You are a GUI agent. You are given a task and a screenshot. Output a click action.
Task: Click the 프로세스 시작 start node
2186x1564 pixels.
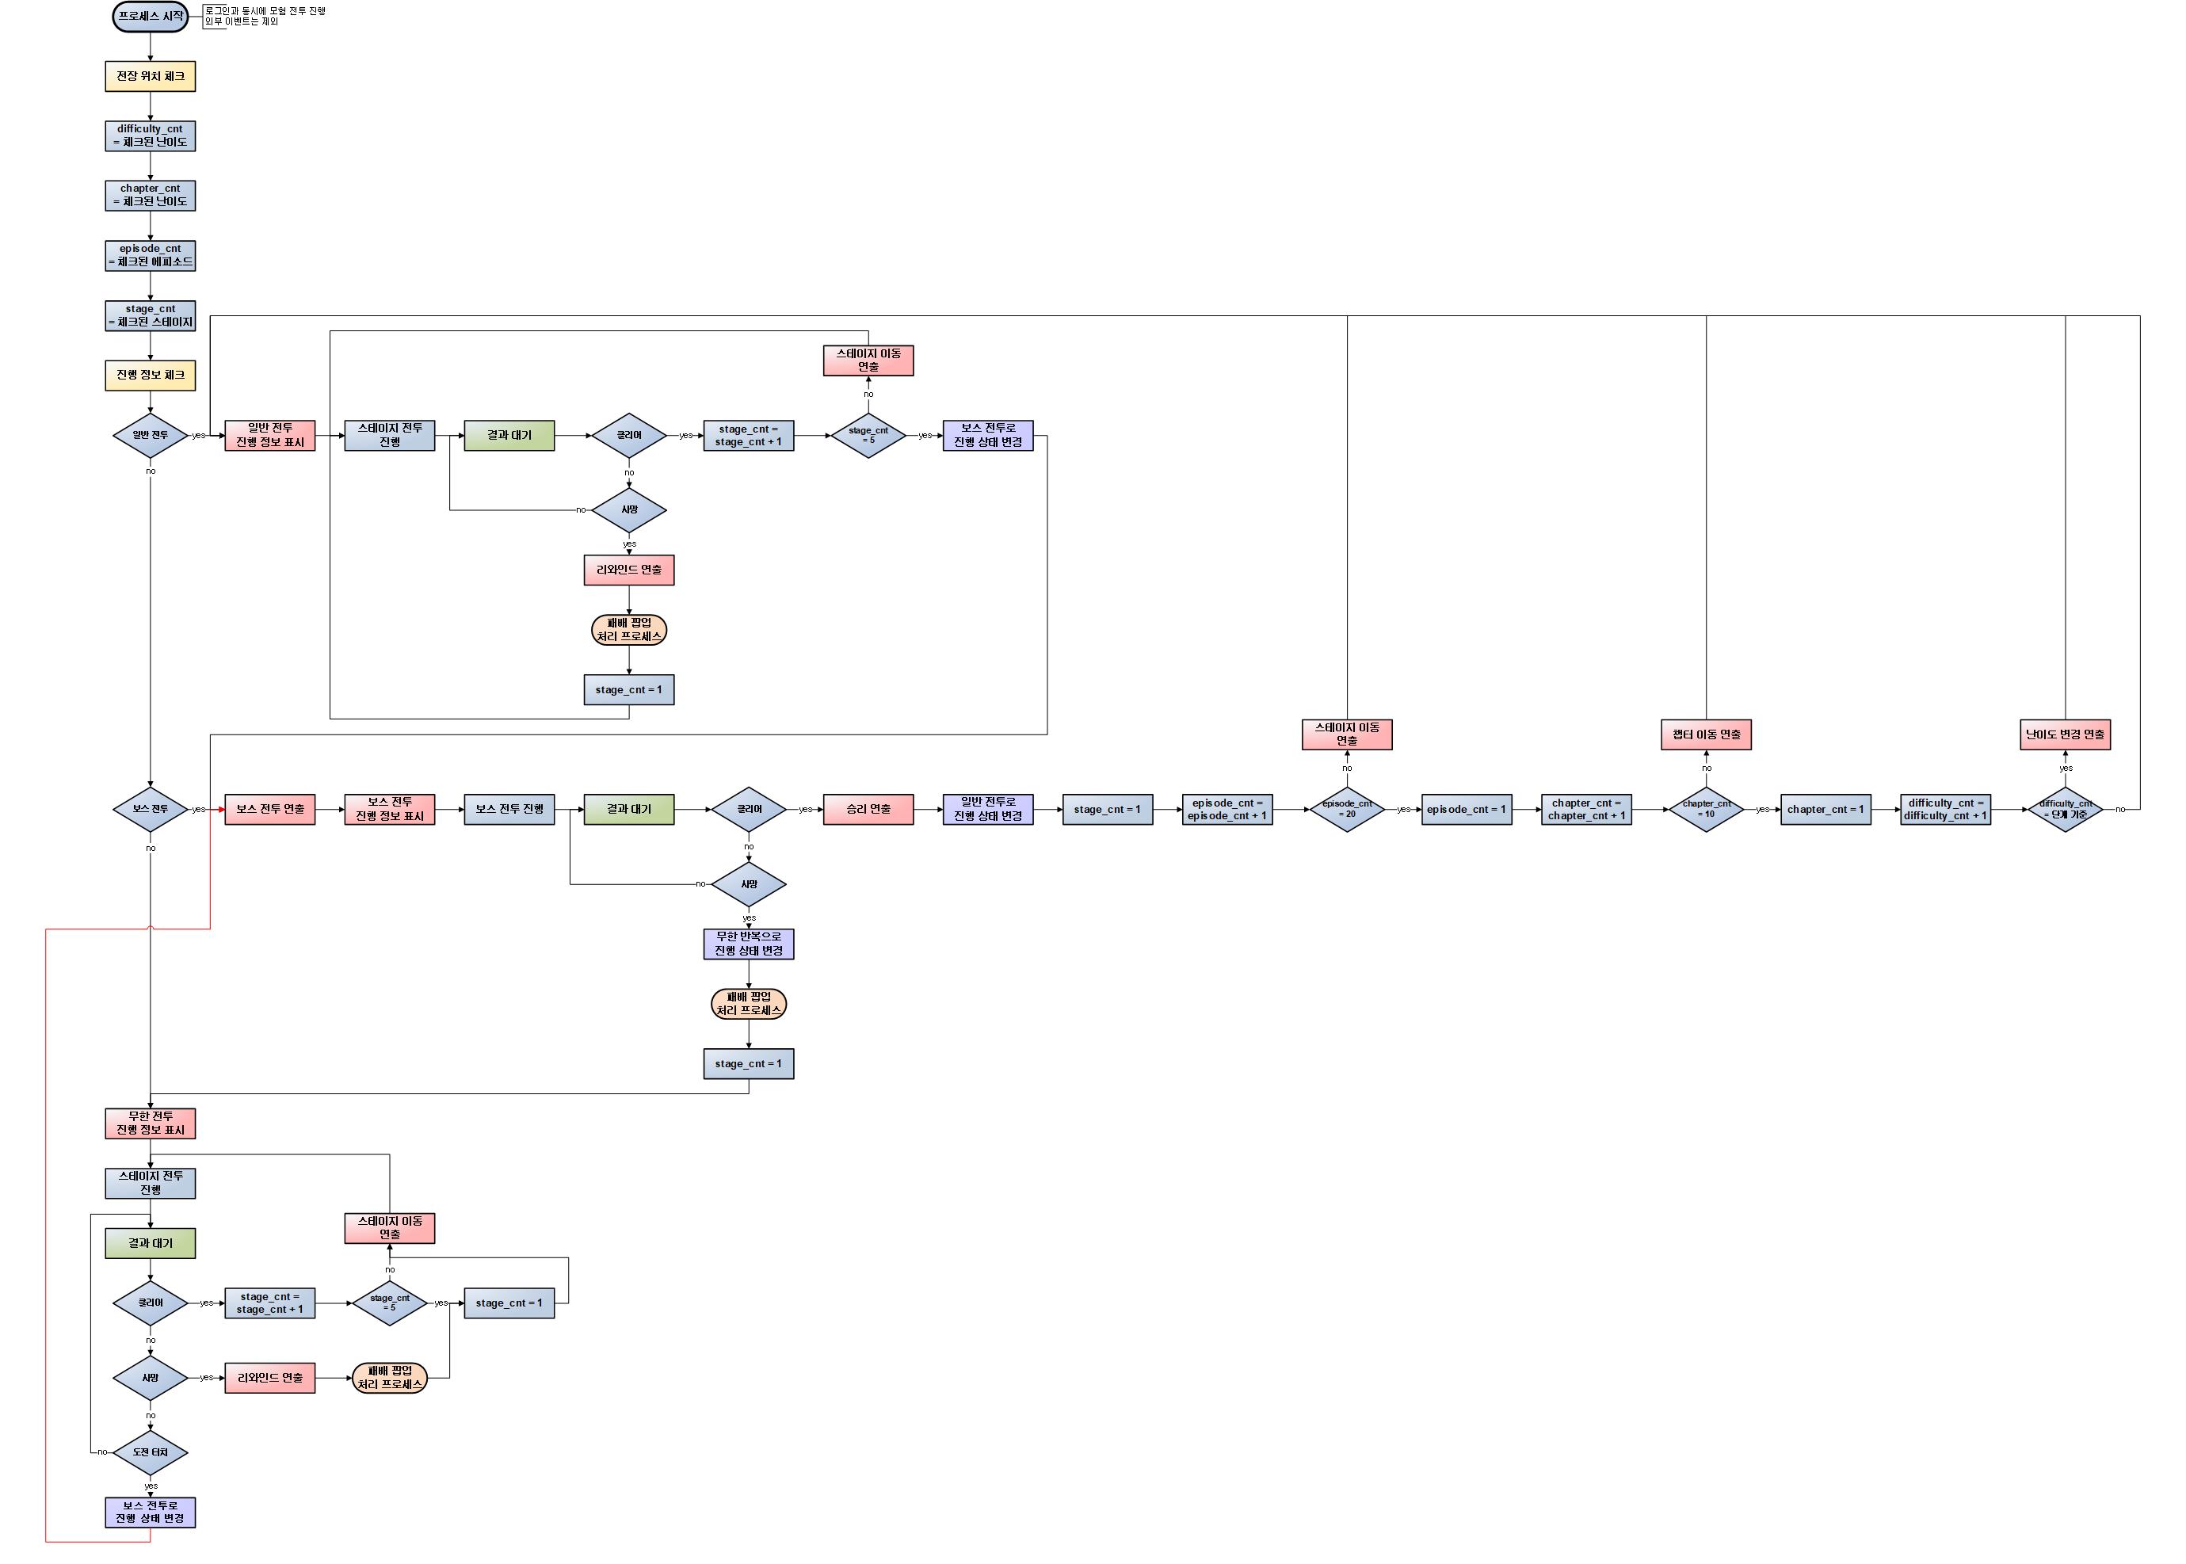151,17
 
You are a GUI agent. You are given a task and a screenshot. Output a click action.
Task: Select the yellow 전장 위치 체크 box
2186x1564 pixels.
151,76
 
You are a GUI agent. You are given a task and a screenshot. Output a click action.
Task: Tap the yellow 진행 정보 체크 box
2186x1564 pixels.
151,375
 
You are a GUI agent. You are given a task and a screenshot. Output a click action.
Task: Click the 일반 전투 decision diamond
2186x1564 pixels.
151,435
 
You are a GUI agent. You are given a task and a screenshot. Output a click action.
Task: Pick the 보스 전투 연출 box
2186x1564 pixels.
269,809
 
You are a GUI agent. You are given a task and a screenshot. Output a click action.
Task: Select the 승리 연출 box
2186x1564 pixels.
868,809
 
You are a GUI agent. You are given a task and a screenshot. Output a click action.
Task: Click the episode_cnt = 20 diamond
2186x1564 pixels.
1346,809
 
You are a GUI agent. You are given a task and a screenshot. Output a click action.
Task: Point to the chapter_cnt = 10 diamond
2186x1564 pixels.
1706,809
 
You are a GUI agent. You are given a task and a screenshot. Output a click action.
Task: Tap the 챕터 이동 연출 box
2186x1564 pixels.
1706,734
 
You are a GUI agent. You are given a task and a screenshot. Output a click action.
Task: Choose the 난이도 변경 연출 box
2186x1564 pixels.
2065,734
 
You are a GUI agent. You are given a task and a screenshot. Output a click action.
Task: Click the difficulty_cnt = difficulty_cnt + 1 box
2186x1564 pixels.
1945,809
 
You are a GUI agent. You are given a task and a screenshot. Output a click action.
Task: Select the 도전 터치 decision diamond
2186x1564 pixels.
151,1452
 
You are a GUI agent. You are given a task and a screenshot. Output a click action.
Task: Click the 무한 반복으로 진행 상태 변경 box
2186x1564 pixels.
748,944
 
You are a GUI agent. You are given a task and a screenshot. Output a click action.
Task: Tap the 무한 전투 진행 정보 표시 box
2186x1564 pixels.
151,1123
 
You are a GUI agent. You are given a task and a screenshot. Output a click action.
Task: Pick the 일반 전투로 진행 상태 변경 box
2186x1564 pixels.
987,809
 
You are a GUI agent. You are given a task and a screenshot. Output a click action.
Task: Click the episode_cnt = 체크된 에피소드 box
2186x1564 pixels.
151,255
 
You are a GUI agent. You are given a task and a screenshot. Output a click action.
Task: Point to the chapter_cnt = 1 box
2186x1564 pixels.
1825,809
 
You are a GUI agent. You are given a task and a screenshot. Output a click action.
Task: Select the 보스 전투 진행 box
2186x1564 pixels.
509,809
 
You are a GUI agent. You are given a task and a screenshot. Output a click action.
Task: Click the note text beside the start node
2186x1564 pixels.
265,17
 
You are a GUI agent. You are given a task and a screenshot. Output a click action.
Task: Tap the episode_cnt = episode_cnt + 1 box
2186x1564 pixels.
1227,809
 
